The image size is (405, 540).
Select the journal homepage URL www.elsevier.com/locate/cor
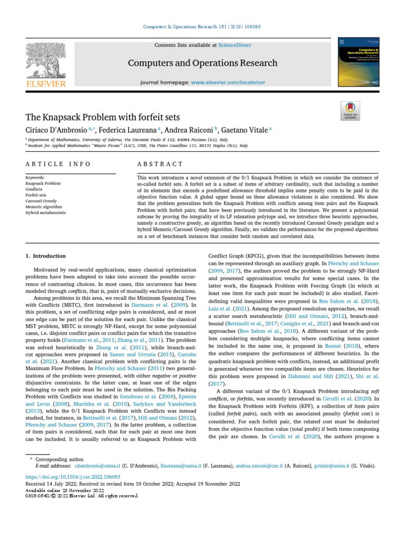[x=228, y=83]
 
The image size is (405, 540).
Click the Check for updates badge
[x=350, y=111]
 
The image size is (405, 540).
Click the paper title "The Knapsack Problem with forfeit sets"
[x=103, y=117]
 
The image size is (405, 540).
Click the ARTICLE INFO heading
[x=58, y=164]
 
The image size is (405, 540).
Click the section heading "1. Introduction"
[x=46, y=256]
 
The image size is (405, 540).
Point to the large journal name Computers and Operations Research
[x=202, y=63]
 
